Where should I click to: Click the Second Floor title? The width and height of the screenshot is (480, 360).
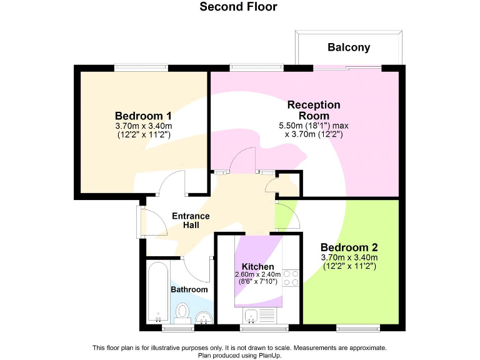point(238,7)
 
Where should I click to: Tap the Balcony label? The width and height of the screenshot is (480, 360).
point(349,47)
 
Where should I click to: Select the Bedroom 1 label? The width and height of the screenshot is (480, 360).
point(143,116)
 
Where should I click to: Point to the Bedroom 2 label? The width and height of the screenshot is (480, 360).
point(349,247)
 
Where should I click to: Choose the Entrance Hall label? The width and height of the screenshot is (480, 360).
point(191,220)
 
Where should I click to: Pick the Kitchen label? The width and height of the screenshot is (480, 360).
point(257,267)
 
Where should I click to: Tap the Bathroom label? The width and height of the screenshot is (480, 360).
point(189,289)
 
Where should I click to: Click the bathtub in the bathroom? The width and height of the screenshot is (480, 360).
point(157,292)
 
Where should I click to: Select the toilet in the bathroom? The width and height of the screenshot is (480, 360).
point(182,311)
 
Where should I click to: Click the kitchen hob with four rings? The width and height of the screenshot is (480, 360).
point(291,277)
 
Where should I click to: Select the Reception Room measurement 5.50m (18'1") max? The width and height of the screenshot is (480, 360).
point(312,126)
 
